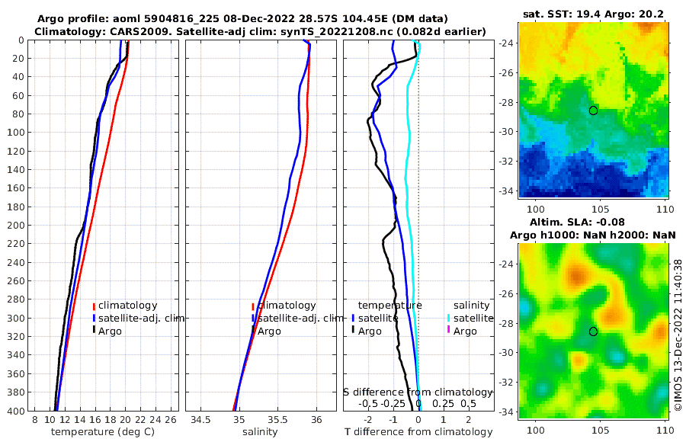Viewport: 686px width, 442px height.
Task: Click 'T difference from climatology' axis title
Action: click(418, 432)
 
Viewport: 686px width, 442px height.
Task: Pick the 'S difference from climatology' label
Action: click(418, 392)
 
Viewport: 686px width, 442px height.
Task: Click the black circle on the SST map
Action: click(593, 110)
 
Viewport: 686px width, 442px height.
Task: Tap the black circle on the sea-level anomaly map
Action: click(593, 331)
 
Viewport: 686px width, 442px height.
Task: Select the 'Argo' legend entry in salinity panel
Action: click(268, 331)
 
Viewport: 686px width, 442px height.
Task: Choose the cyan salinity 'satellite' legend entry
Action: click(466, 318)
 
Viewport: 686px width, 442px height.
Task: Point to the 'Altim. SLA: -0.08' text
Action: click(592, 221)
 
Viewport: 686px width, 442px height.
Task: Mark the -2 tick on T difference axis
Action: click(369, 420)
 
